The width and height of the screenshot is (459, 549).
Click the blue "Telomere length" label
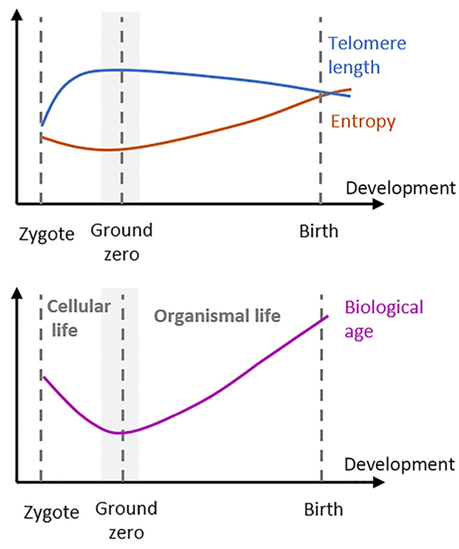click(x=367, y=55)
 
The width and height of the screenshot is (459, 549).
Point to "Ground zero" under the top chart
click(x=121, y=241)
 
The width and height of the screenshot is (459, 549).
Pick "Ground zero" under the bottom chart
click(x=126, y=519)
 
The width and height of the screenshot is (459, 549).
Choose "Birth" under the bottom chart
click(x=323, y=510)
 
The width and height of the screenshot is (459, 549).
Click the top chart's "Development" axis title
click(x=400, y=189)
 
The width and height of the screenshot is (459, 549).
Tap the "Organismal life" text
click(x=217, y=317)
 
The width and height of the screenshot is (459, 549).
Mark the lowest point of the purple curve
click(x=121, y=433)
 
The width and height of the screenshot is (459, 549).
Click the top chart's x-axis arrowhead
click(x=377, y=204)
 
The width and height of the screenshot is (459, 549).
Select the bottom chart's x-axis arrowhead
click(x=377, y=482)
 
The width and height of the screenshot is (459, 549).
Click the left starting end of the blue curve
click(x=42, y=124)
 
